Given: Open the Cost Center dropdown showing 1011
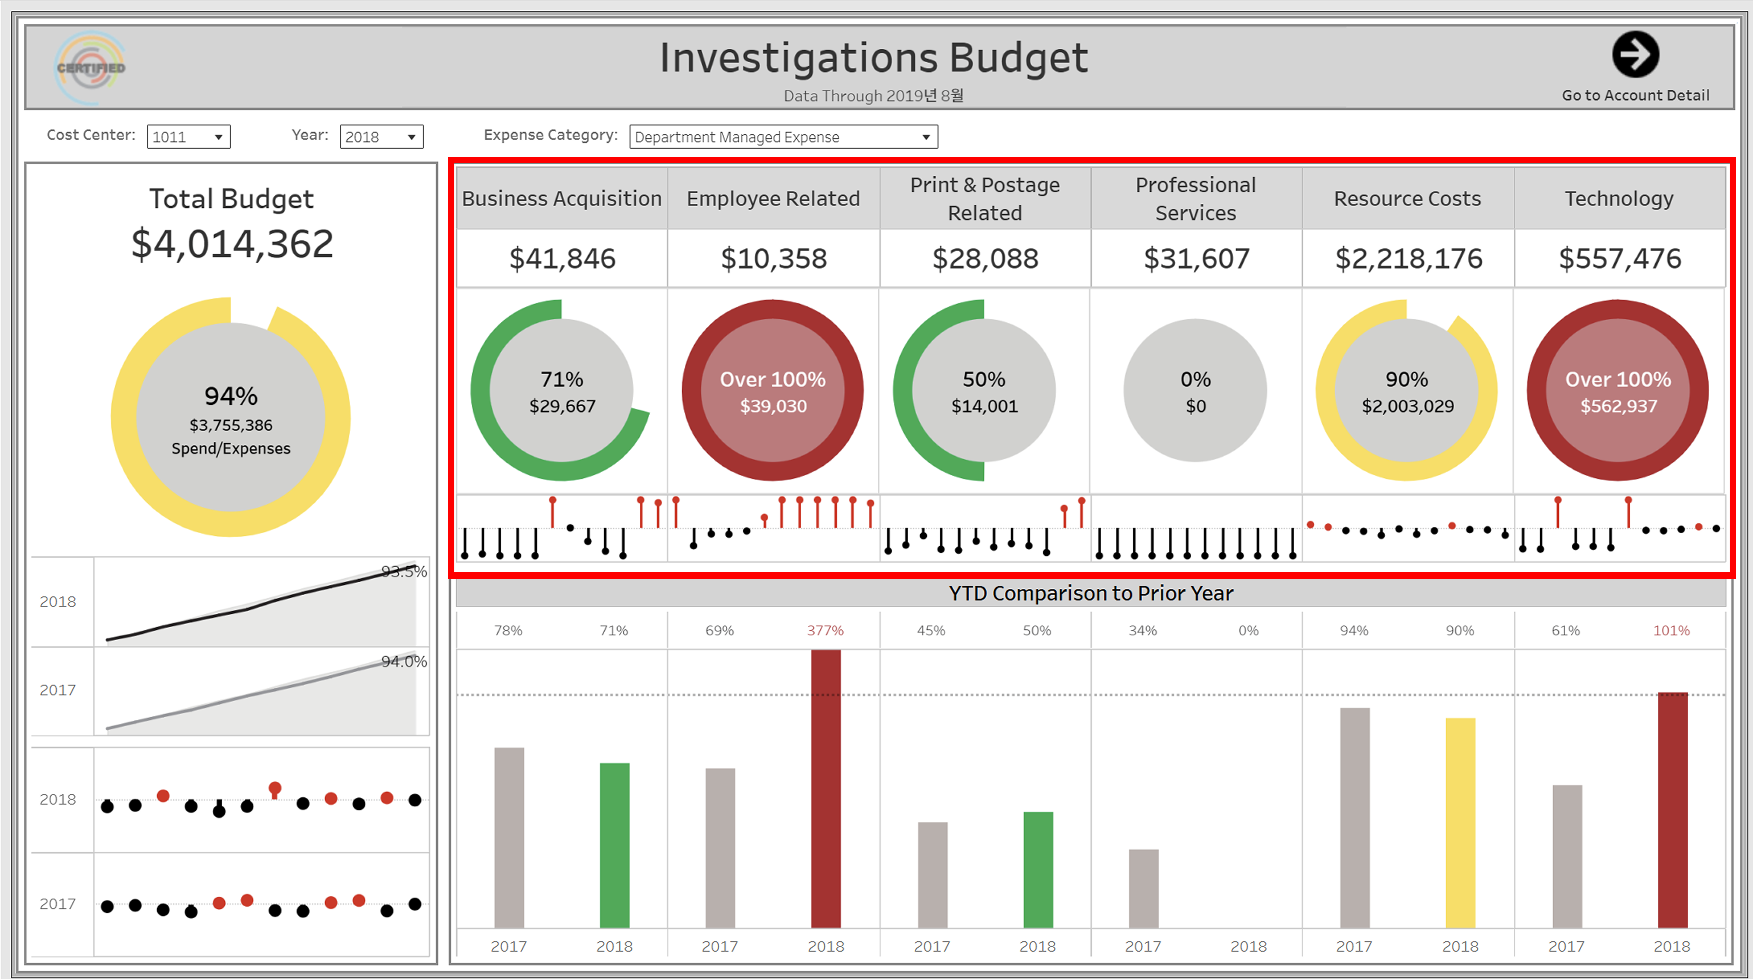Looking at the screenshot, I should (x=189, y=137).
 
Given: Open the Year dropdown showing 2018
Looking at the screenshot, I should (x=381, y=137).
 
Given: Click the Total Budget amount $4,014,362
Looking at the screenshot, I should (x=232, y=244).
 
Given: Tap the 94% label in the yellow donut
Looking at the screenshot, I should (x=231, y=396).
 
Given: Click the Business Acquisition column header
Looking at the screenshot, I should (x=561, y=199).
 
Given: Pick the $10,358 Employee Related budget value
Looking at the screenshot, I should (x=773, y=258).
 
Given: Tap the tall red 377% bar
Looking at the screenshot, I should (x=825, y=789).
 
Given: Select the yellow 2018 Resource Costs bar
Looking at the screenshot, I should (x=1460, y=823).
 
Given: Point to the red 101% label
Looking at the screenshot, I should (x=1671, y=631).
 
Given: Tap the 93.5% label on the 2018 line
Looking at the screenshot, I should (x=404, y=571).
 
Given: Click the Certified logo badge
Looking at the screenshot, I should (x=90, y=68).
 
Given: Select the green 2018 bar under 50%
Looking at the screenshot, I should (x=1038, y=869).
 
